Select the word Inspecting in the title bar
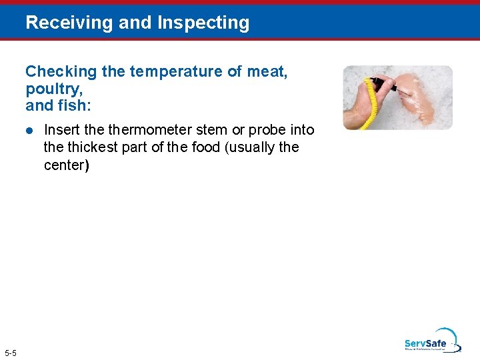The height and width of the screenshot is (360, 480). [x=203, y=23]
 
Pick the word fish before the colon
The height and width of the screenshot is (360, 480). [x=77, y=105]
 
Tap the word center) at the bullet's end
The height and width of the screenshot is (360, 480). [x=66, y=164]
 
